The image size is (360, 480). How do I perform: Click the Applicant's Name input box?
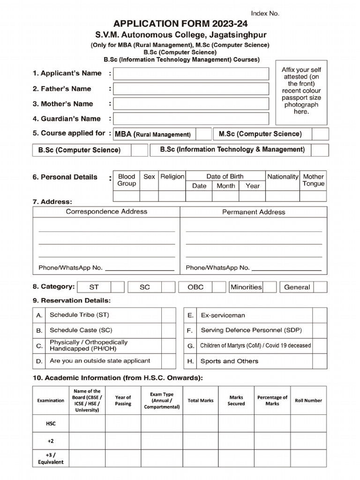(191, 74)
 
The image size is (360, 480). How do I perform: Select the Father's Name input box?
(191, 89)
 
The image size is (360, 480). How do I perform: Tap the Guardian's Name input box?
(191, 119)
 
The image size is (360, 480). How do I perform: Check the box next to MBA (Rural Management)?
(203, 134)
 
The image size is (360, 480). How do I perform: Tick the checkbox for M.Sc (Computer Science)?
(320, 134)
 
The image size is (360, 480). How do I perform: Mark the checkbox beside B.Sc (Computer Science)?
(139, 150)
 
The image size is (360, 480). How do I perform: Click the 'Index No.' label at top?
(265, 14)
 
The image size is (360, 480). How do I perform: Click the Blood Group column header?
(127, 180)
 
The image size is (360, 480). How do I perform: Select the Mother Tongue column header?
(313, 180)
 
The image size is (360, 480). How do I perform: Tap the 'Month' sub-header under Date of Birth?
(226, 186)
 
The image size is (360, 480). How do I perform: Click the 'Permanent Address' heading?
(254, 212)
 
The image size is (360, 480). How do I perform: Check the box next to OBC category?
(219, 287)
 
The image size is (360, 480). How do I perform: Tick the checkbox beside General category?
(320, 287)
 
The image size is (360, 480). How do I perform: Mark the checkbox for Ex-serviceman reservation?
(320, 315)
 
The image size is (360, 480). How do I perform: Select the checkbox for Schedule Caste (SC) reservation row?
(168, 330)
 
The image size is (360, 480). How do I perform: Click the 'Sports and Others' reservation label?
(229, 361)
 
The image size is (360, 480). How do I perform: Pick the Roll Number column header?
(308, 401)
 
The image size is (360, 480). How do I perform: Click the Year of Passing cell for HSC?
(123, 423)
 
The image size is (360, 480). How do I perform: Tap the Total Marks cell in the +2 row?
(200, 441)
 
